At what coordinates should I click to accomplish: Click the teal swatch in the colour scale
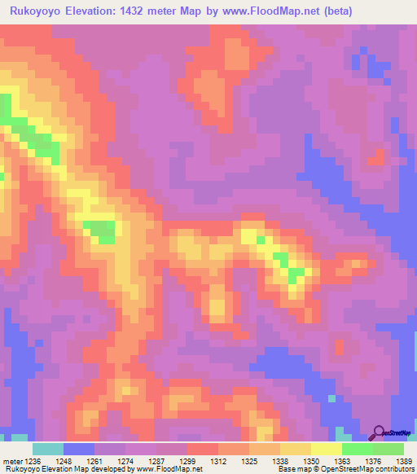click(x=48, y=449)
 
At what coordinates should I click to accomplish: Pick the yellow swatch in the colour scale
click(x=326, y=449)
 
